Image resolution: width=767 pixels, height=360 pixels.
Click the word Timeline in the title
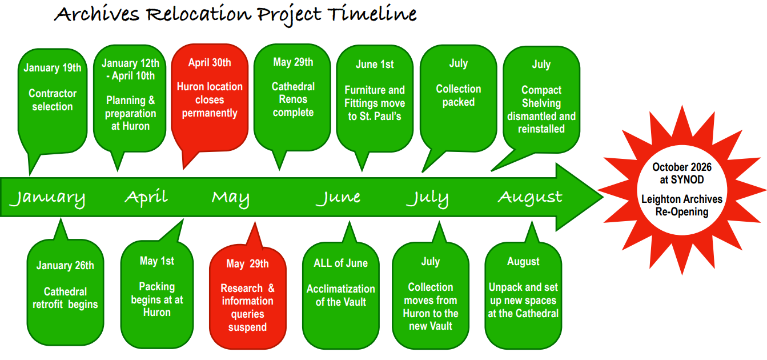[372, 14]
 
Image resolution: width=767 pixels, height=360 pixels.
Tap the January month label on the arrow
[47, 198]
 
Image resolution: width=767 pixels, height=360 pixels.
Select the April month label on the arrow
[146, 197]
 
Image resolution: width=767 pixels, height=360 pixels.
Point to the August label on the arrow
[530, 198]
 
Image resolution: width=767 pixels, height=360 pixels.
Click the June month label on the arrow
[338, 198]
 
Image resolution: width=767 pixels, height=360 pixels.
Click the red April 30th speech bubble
[210, 99]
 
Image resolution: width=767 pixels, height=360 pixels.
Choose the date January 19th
[53, 68]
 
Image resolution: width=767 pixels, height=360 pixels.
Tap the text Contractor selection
[53, 99]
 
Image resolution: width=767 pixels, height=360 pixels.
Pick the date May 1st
[157, 261]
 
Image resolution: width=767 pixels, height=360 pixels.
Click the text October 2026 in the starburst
[682, 167]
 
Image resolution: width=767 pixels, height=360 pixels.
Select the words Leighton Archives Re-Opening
[682, 205]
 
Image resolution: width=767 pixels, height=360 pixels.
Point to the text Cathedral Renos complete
[293, 99]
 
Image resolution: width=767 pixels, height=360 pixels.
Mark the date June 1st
[375, 64]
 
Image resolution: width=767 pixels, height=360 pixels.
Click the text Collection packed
[459, 95]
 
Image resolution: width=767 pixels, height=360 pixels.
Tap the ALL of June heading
[341, 263]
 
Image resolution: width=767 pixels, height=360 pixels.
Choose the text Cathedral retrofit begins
[65, 298]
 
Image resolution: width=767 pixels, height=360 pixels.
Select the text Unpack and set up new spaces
[523, 294]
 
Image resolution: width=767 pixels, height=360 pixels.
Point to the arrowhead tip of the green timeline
[603, 197]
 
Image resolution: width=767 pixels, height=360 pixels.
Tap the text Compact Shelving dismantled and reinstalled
[541, 109]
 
